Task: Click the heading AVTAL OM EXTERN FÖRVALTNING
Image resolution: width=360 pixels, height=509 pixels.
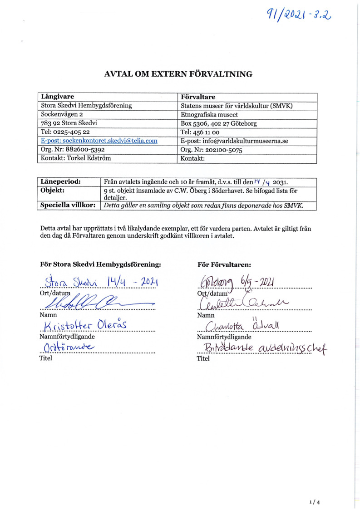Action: pyautogui.click(x=178, y=74)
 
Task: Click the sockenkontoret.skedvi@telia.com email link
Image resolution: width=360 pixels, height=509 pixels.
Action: pyautogui.click(x=99, y=141)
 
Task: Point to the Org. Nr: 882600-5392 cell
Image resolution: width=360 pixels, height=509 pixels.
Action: pyautogui.click(x=73, y=149)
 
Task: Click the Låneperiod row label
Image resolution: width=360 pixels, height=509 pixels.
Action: pyautogui.click(x=61, y=181)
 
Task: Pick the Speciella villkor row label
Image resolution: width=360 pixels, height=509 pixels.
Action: pyautogui.click(x=68, y=205)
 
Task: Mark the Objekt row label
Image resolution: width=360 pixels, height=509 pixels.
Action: pyautogui.click(x=53, y=190)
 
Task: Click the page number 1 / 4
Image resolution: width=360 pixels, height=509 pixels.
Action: pyautogui.click(x=314, y=489)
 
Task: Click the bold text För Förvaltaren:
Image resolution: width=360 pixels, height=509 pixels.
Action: pyautogui.click(x=224, y=264)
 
